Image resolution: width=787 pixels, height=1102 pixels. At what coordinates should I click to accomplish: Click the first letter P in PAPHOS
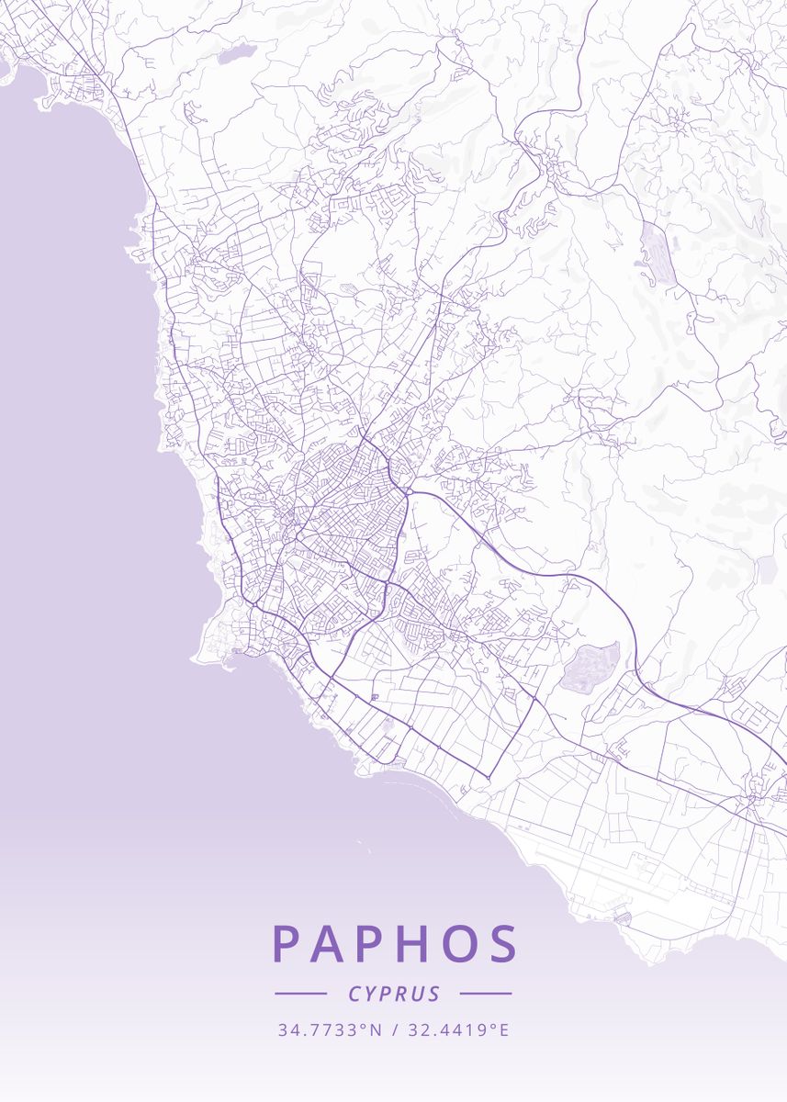tap(287, 943)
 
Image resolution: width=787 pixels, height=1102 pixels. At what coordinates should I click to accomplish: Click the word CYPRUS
tap(394, 994)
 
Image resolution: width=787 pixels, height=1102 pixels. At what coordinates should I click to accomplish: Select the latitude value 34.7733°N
tap(330, 1030)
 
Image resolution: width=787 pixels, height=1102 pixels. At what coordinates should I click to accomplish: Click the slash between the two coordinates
tap(393, 1030)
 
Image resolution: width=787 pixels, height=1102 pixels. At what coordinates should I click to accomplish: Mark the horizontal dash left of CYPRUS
tap(301, 994)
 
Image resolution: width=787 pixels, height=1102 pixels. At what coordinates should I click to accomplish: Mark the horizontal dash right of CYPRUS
tap(486, 994)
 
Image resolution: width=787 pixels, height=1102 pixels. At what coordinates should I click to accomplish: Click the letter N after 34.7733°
tap(376, 1030)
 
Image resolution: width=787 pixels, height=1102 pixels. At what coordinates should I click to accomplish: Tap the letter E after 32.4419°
tap(504, 1030)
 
